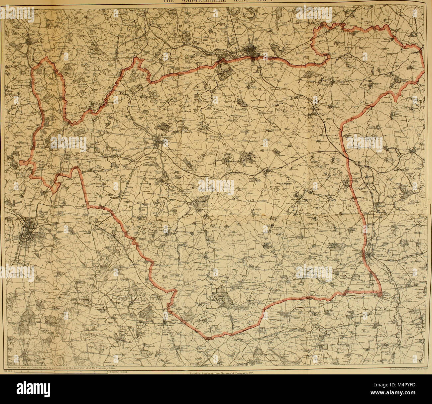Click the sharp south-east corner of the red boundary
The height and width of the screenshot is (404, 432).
381,293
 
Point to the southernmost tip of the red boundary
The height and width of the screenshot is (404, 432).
207,339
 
